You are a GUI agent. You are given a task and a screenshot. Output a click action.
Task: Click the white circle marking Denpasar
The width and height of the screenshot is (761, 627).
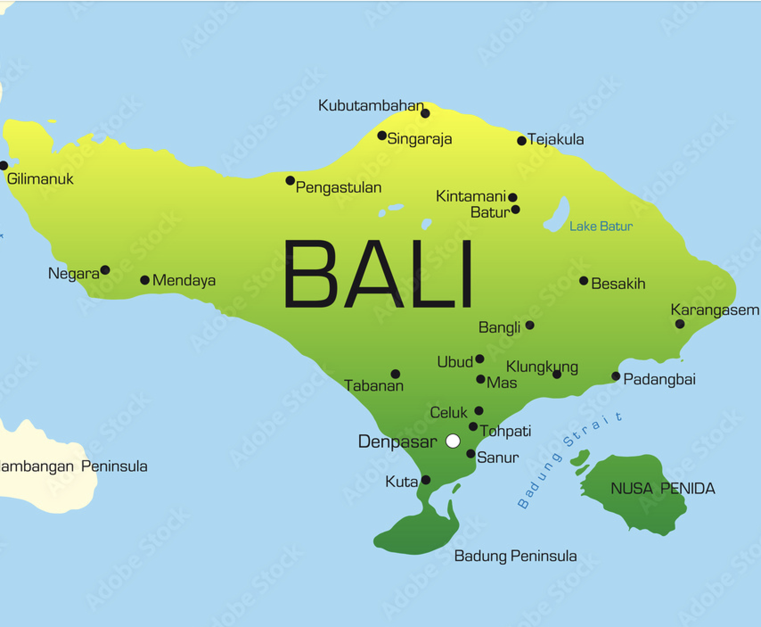[453, 441]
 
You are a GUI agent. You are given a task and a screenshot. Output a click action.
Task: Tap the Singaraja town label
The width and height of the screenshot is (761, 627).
[420, 139]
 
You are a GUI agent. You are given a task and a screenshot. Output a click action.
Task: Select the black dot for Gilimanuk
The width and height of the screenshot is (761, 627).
[4, 166]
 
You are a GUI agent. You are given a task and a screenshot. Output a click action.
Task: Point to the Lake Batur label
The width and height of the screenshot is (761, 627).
[601, 227]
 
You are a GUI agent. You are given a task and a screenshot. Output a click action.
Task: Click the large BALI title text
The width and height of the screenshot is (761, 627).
[378, 275]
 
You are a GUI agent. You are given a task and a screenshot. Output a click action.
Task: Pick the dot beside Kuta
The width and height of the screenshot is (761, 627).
[426, 480]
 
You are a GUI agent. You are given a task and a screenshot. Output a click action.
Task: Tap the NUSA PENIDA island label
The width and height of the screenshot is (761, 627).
[663, 489]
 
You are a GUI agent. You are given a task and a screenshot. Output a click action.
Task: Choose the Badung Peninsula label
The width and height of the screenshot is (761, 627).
[516, 556]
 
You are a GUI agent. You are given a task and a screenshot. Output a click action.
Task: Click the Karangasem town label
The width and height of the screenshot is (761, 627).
[715, 310]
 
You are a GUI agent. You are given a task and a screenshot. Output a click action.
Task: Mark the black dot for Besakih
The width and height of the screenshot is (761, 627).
[584, 280]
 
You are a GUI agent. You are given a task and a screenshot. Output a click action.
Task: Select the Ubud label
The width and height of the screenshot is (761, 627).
[455, 362]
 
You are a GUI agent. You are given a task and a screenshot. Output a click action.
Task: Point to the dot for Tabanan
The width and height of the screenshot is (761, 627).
[395, 374]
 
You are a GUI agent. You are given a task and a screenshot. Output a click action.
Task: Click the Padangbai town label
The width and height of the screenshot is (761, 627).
[659, 379]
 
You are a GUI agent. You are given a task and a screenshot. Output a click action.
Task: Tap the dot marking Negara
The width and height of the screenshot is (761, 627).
[105, 270]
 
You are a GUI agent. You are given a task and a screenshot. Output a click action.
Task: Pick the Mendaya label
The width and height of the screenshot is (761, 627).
[184, 280]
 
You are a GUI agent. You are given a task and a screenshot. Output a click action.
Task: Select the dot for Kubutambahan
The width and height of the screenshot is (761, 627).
[425, 113]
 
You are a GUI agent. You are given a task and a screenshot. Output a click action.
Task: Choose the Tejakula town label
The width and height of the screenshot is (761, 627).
[556, 140]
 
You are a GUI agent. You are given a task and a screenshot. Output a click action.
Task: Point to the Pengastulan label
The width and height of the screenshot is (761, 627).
[339, 188]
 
